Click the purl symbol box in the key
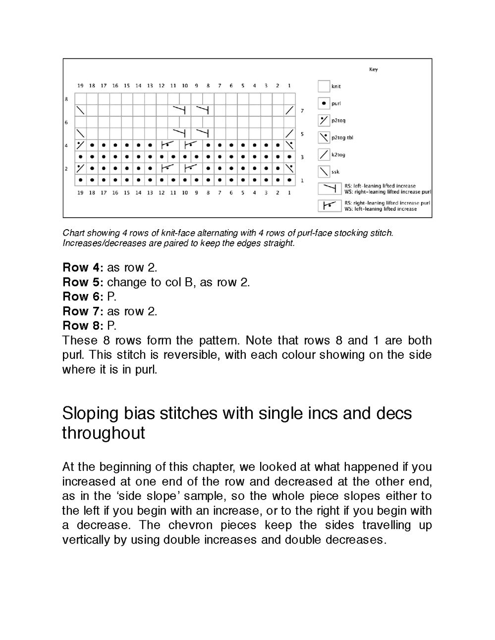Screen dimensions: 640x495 (x=324, y=103)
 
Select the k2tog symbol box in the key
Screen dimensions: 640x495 (x=324, y=154)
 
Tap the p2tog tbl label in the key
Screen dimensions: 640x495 (x=342, y=138)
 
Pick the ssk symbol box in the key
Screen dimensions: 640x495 (x=324, y=172)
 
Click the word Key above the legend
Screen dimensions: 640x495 (x=373, y=70)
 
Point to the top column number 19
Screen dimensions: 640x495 (x=80, y=86)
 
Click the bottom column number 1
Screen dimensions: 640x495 (x=289, y=193)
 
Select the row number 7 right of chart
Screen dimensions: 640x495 (x=302, y=110)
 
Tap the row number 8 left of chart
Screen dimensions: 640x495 (x=66, y=99)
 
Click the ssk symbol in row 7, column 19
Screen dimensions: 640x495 (x=80, y=110)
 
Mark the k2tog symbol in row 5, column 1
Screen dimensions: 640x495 (x=289, y=133)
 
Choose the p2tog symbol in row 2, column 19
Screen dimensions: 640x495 (x=80, y=168)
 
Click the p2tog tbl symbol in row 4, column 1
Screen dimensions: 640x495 (x=289, y=145)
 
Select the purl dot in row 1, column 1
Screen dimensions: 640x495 (x=289, y=180)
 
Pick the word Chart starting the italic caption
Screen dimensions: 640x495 (x=73, y=233)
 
